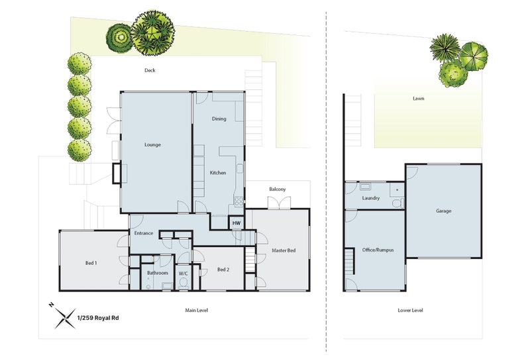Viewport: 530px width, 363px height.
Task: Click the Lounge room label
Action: click(x=153, y=144)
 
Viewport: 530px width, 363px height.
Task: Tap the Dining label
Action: click(x=219, y=119)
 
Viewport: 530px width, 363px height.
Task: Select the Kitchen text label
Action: click(x=218, y=173)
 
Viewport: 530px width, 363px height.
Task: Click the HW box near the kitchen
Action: click(x=236, y=224)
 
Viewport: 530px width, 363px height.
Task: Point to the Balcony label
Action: click(x=278, y=190)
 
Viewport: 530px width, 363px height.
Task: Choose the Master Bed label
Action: click(x=284, y=250)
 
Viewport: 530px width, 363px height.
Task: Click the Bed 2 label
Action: click(x=223, y=269)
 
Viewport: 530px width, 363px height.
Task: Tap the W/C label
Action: click(x=184, y=273)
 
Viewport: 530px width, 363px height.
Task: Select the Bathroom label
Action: click(x=158, y=273)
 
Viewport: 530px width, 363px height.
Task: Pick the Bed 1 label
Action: click(x=91, y=263)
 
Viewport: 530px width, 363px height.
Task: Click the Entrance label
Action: click(x=144, y=233)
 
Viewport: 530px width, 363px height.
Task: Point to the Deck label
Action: click(x=150, y=70)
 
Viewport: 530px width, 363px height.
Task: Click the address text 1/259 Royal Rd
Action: click(x=98, y=317)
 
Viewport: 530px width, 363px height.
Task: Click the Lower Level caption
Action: click(x=411, y=310)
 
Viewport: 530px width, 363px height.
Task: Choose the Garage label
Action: click(x=443, y=211)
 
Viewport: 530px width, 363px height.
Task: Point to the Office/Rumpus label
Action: click(x=378, y=250)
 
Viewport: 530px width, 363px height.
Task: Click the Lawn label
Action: click(x=418, y=99)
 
